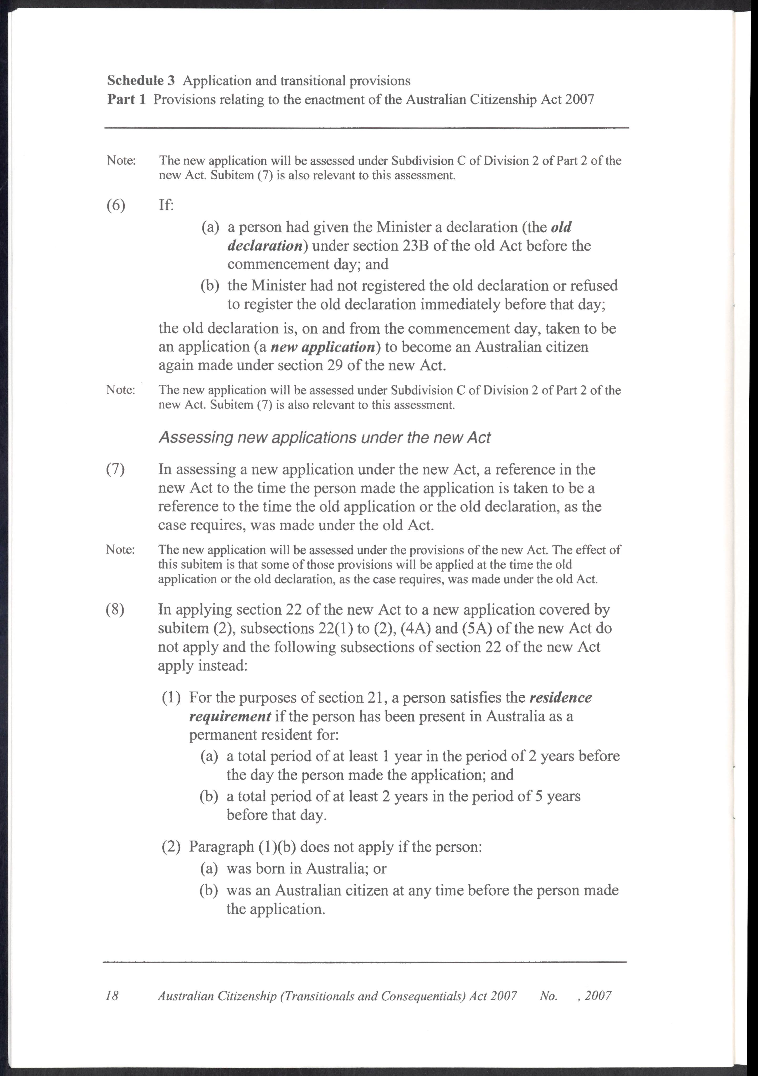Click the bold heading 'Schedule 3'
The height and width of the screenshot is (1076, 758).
(x=141, y=81)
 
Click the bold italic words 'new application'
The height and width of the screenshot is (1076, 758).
(x=316, y=347)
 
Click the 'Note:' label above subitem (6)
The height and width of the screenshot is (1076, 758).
(x=121, y=160)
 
